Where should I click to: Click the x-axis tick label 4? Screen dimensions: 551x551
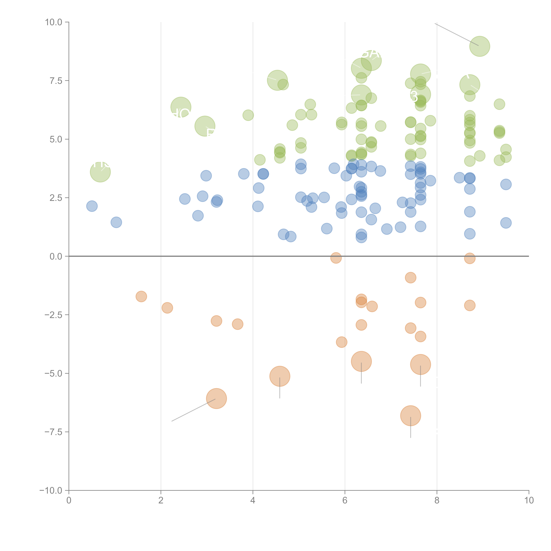tap(253, 501)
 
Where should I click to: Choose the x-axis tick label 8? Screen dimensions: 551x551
tap(437, 501)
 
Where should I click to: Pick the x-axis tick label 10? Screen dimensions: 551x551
tap(529, 501)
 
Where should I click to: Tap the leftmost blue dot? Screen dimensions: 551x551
tap(92, 206)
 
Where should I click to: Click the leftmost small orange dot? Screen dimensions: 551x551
tap(141, 297)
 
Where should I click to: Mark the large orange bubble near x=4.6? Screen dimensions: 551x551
tap(280, 376)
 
